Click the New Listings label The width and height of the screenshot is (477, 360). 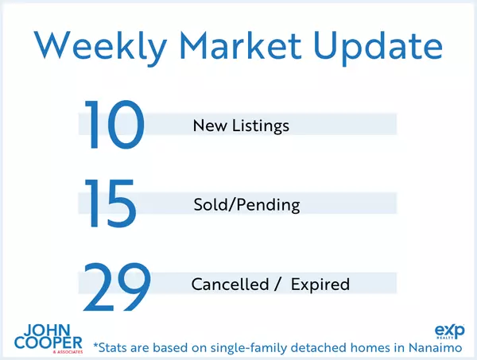pyautogui.click(x=241, y=126)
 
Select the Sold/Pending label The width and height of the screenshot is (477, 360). pyautogui.click(x=246, y=205)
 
